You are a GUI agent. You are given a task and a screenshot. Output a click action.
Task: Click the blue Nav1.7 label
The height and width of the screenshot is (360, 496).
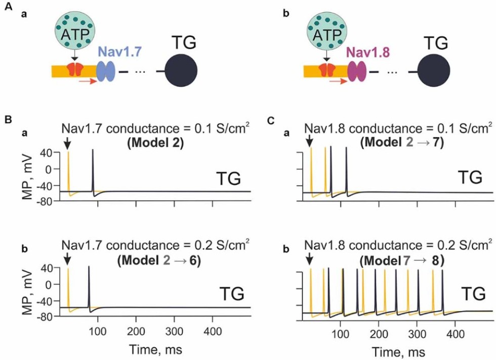coord(120,51)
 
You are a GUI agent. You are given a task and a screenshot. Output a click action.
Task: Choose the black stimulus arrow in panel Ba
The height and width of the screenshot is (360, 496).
coord(68,144)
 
